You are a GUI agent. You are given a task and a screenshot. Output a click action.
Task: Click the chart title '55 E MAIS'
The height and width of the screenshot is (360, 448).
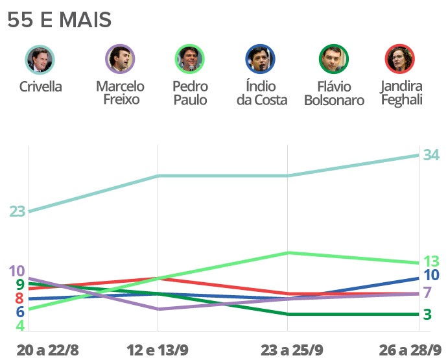tap(59, 20)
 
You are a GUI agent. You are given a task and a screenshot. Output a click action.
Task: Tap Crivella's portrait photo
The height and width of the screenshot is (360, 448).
tap(40, 60)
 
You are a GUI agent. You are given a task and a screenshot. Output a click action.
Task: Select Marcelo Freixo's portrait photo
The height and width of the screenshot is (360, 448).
tap(120, 60)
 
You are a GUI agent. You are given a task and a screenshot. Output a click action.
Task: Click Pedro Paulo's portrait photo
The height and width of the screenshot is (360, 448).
tap(190, 60)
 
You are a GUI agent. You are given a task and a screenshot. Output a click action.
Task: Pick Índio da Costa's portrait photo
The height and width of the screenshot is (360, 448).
tap(261, 60)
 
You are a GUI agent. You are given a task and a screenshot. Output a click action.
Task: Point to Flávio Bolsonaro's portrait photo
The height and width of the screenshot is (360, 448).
tap(334, 60)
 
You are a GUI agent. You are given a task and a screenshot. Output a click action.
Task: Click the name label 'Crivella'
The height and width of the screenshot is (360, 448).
tap(40, 86)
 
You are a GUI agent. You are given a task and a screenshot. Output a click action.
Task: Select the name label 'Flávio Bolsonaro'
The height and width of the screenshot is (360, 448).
tap(334, 93)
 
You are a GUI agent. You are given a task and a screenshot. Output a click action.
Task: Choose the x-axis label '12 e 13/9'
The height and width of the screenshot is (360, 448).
tap(158, 350)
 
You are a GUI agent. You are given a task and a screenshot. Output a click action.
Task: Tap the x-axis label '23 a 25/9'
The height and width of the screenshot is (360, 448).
tap(292, 350)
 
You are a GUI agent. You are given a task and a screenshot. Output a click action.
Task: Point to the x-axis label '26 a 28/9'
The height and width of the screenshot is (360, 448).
tap(410, 350)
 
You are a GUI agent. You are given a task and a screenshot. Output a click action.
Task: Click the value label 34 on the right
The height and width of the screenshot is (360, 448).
tap(431, 155)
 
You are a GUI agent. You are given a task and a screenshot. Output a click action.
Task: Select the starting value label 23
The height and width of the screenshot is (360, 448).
tap(17, 211)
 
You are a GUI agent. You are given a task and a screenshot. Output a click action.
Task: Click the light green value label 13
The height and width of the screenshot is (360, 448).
tap(432, 261)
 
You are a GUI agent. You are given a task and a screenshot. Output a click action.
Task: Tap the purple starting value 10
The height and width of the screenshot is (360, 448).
tap(17, 271)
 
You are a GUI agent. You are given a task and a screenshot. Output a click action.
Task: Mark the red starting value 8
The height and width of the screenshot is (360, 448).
tap(19, 298)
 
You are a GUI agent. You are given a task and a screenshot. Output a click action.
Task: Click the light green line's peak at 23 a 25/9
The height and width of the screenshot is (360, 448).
tap(288, 252)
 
